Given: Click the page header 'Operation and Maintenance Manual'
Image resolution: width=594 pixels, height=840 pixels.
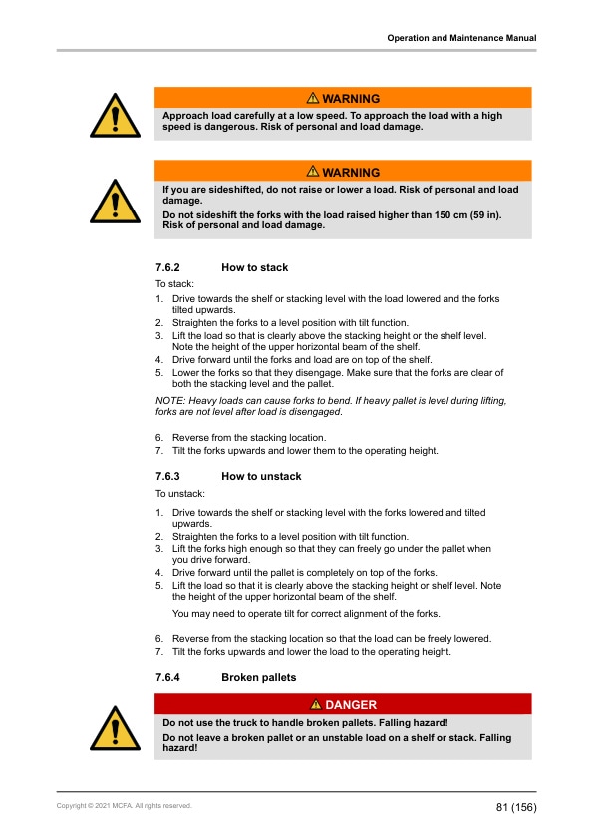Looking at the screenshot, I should pyautogui.click(x=461, y=38).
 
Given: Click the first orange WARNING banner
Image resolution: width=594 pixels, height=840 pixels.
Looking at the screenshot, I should pyautogui.click(x=343, y=98).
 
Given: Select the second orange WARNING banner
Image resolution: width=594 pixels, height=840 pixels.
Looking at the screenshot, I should pyautogui.click(x=343, y=172).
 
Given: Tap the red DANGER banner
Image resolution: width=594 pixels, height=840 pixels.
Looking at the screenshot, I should pyautogui.click(x=343, y=705).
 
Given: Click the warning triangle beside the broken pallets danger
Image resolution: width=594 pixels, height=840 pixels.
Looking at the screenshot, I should pyautogui.click(x=116, y=727).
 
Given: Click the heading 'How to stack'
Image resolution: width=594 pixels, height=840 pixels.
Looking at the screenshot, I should pyautogui.click(x=254, y=268).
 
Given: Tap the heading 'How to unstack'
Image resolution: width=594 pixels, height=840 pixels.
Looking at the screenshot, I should pyautogui.click(x=261, y=477).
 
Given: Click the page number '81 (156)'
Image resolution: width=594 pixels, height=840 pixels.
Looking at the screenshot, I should pyautogui.click(x=515, y=806).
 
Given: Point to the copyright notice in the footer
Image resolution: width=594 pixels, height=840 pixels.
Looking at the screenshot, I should pyautogui.click(x=124, y=806).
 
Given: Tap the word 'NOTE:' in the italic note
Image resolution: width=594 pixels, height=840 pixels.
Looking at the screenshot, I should pyautogui.click(x=170, y=400).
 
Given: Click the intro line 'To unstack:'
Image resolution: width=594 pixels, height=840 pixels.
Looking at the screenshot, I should pyautogui.click(x=179, y=494).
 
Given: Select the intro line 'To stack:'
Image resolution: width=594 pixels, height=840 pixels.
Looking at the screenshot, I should pyautogui.click(x=174, y=284).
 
